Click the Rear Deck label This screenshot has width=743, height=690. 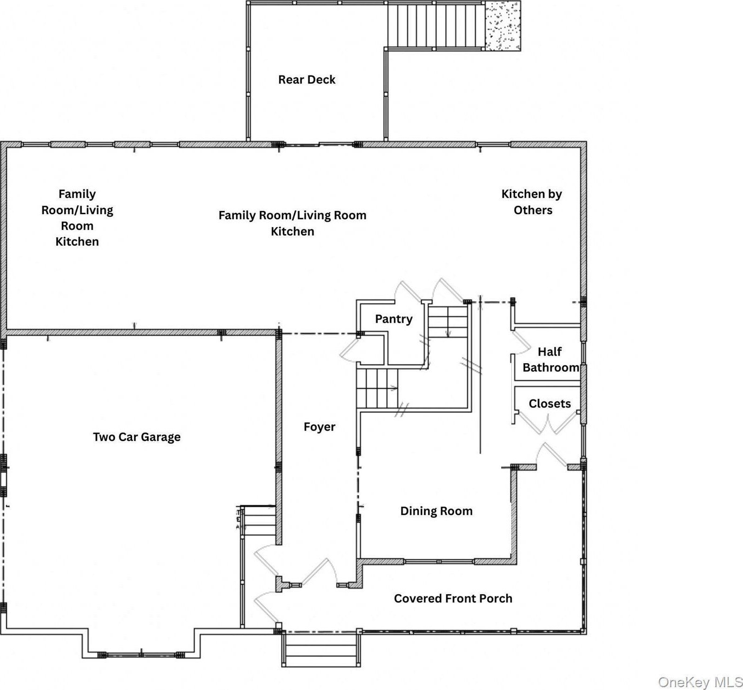point(307,80)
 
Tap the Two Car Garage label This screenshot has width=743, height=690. point(136,437)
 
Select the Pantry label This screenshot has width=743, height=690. point(394,319)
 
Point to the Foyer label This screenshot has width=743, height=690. point(319,426)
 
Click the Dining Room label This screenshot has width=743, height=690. point(436,511)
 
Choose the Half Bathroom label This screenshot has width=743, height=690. point(550,359)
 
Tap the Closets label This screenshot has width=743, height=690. point(549,403)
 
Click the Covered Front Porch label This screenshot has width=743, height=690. point(453,598)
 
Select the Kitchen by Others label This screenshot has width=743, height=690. point(532,202)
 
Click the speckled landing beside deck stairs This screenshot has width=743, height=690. point(502,26)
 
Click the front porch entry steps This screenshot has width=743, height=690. point(321,649)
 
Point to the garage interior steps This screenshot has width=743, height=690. point(258,520)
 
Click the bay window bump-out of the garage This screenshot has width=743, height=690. point(141,645)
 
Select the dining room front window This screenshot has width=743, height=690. point(439,561)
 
